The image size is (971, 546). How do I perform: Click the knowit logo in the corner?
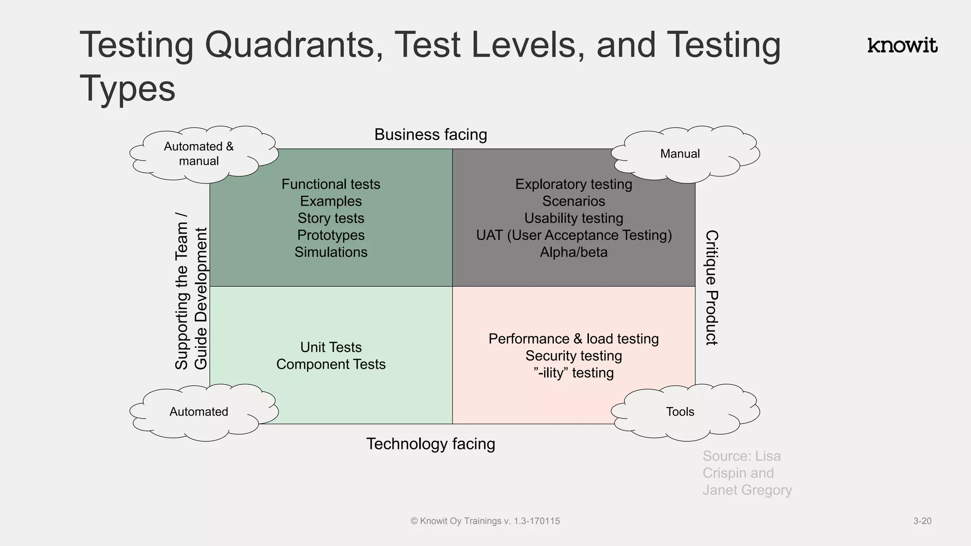(902, 45)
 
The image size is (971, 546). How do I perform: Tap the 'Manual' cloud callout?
(680, 154)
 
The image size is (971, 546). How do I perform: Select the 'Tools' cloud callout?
(680, 411)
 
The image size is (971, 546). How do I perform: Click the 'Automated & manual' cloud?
(199, 154)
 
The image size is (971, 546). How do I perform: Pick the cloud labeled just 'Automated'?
(199, 411)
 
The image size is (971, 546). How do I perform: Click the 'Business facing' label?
(431, 135)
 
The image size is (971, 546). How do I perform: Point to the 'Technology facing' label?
(431, 444)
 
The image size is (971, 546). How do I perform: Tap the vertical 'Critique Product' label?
(712, 287)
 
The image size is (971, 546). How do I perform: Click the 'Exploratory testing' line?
(574, 184)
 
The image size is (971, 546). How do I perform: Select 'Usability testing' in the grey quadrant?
(574, 218)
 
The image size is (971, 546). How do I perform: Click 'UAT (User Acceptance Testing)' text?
(574, 235)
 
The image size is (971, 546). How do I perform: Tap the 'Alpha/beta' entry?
(574, 252)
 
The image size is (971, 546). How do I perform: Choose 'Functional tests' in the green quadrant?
(331, 184)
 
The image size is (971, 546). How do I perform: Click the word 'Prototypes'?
(331, 235)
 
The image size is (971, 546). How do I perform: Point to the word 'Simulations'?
(331, 252)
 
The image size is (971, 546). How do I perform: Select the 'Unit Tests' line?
(331, 347)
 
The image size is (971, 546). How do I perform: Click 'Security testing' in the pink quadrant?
(574, 355)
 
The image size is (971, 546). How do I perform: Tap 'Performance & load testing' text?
(574, 338)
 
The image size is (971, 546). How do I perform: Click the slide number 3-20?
(922, 521)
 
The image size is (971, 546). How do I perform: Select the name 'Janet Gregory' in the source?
(747, 490)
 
